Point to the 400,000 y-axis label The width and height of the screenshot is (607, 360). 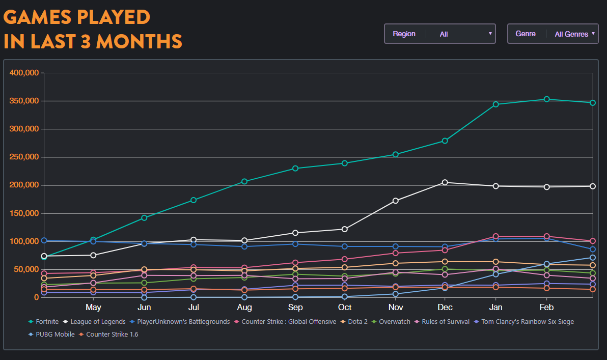pyautogui.click(x=24, y=73)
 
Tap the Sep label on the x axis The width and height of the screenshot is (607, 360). pyautogui.click(x=295, y=308)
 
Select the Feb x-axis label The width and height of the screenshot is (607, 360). pyautogui.click(x=546, y=308)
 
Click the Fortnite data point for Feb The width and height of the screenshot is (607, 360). pyautogui.click(x=546, y=99)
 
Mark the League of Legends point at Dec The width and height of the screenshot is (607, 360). pyautogui.click(x=445, y=182)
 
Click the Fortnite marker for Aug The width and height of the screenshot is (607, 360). pyautogui.click(x=244, y=181)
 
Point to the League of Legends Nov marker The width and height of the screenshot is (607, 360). pyautogui.click(x=396, y=201)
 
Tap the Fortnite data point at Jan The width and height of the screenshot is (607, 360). pyautogui.click(x=495, y=104)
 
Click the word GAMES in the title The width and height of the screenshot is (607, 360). pyautogui.click(x=37, y=17)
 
